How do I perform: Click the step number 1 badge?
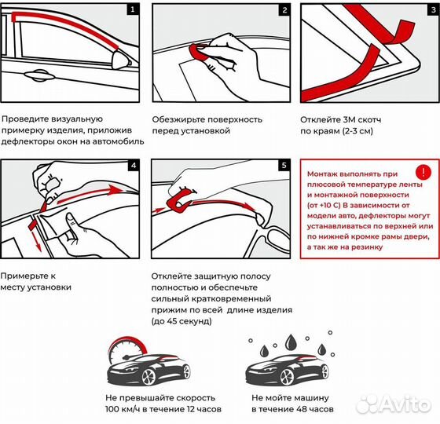(133, 11)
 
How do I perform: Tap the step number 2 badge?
(283, 11)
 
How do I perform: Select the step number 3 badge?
(431, 11)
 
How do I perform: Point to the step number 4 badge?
(133, 166)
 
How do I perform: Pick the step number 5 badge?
(283, 166)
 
